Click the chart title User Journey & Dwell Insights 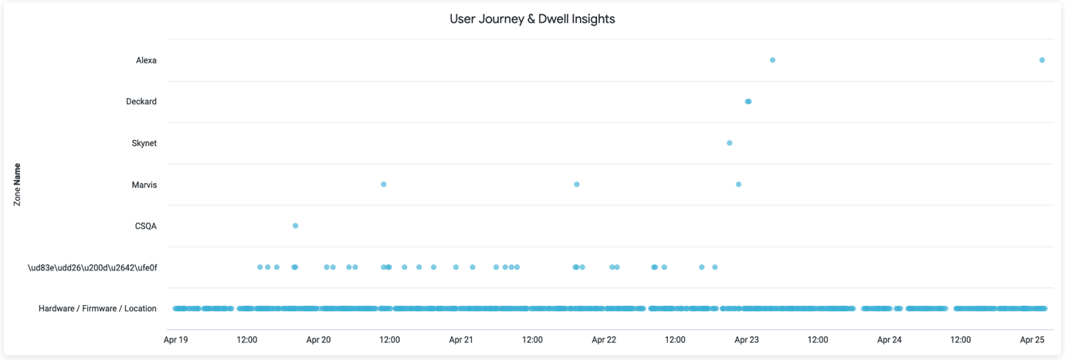(x=532, y=19)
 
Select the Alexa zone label (x=146, y=60)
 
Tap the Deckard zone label (x=141, y=102)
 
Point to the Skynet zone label (x=144, y=144)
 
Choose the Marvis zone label (x=144, y=185)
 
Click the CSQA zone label (x=145, y=226)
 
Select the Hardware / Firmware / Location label (x=97, y=309)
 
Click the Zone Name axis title (x=17, y=185)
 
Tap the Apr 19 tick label (x=176, y=340)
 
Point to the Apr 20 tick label (x=318, y=340)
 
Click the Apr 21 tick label (x=461, y=340)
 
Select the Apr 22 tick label (x=604, y=340)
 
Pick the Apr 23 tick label (x=747, y=340)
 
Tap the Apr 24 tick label (x=890, y=340)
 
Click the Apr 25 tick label (x=1033, y=340)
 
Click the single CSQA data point (x=296, y=226)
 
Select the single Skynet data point (x=730, y=143)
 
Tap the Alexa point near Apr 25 (x=1042, y=60)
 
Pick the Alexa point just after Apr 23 (x=772, y=60)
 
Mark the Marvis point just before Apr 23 (x=739, y=185)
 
